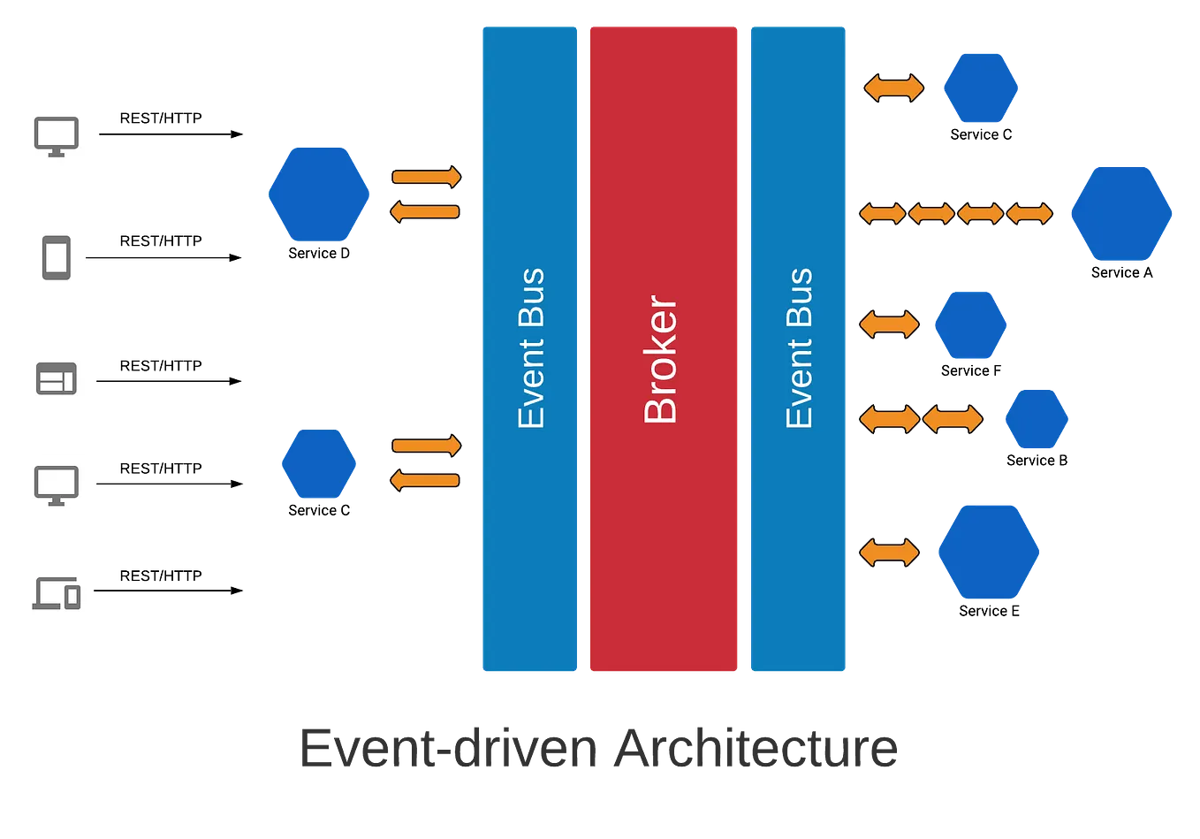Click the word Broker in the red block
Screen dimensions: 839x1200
click(661, 359)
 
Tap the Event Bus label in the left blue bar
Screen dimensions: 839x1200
click(531, 348)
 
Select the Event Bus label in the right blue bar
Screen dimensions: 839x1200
click(799, 348)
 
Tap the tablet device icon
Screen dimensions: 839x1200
click(57, 258)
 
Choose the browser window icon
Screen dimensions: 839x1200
click(57, 378)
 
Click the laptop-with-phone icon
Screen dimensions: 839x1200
click(57, 593)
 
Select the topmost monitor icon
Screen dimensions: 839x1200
click(57, 135)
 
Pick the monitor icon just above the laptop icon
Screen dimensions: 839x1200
click(57, 486)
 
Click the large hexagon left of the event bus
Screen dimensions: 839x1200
click(318, 195)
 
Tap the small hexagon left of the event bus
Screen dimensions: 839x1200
click(318, 463)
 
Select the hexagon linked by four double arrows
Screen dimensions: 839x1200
click(1120, 213)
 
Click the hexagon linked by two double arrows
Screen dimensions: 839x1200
click(1037, 418)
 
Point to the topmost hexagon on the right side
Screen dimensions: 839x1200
click(981, 88)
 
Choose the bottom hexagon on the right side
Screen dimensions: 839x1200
click(987, 552)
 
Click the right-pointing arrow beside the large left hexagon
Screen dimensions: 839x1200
click(427, 178)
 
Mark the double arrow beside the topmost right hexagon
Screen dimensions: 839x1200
click(894, 88)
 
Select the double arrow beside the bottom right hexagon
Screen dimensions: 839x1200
click(890, 553)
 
